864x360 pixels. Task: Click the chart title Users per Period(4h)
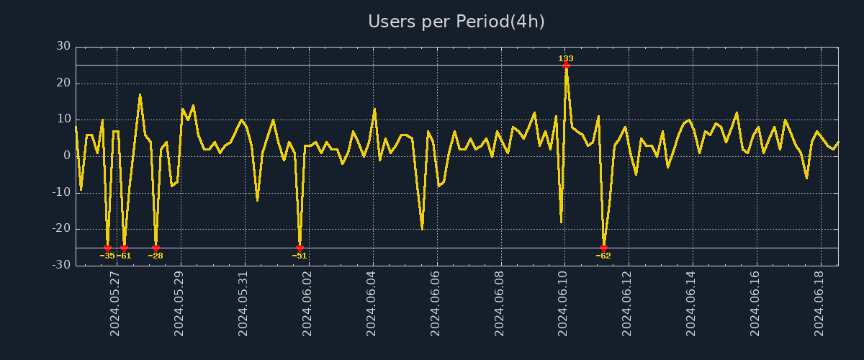pyautogui.click(x=456, y=22)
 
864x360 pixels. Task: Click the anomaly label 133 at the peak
pyautogui.click(x=566, y=58)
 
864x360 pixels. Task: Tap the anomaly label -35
pyautogui.click(x=107, y=256)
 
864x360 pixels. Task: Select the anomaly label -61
pyautogui.click(x=125, y=256)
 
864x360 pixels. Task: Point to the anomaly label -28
pyautogui.click(x=156, y=256)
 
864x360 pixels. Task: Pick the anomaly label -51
pyautogui.click(x=300, y=256)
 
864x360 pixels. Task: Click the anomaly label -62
pyautogui.click(x=603, y=256)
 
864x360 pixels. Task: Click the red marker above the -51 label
pyautogui.click(x=300, y=248)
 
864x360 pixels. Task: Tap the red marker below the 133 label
pyautogui.click(x=566, y=65)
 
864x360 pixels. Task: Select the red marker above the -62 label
pyautogui.click(x=603, y=248)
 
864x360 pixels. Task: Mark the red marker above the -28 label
pyautogui.click(x=156, y=248)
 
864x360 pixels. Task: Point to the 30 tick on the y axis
pyautogui.click(x=63, y=46)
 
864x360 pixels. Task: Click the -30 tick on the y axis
pyautogui.click(x=61, y=265)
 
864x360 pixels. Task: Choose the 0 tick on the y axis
pyautogui.click(x=67, y=156)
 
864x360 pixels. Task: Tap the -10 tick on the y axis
pyautogui.click(x=61, y=192)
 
